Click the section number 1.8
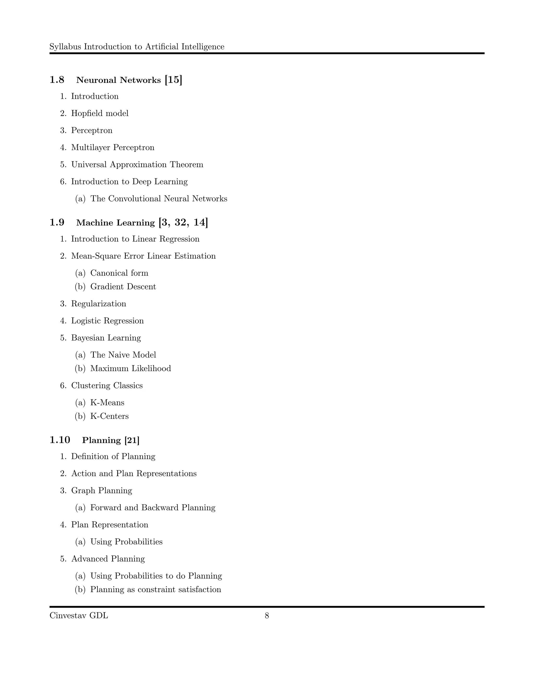coord(57,80)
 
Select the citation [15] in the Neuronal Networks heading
coord(173,80)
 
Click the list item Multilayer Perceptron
coord(113,147)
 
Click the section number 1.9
coord(57,222)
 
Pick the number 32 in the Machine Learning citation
coord(180,222)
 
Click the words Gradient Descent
coord(123,287)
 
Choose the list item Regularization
coord(98,304)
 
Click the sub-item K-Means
coord(107,403)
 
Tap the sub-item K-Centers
coord(110,416)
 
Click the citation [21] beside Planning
coord(132,440)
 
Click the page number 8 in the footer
coord(267,616)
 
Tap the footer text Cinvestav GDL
coord(79,616)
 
